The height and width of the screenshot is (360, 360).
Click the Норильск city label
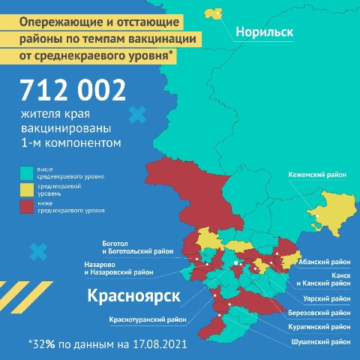click(263, 32)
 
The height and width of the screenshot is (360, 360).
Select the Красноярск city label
click(134, 295)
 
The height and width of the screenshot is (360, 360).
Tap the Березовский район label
click(319, 312)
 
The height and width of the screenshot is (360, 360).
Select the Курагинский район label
click(319, 327)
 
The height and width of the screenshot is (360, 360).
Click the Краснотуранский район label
click(147, 320)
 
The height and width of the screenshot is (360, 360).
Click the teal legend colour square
click(25, 172)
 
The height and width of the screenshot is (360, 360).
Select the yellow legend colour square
click(25, 188)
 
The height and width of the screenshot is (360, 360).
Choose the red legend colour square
click(25, 205)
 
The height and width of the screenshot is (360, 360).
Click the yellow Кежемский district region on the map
click(331, 206)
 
